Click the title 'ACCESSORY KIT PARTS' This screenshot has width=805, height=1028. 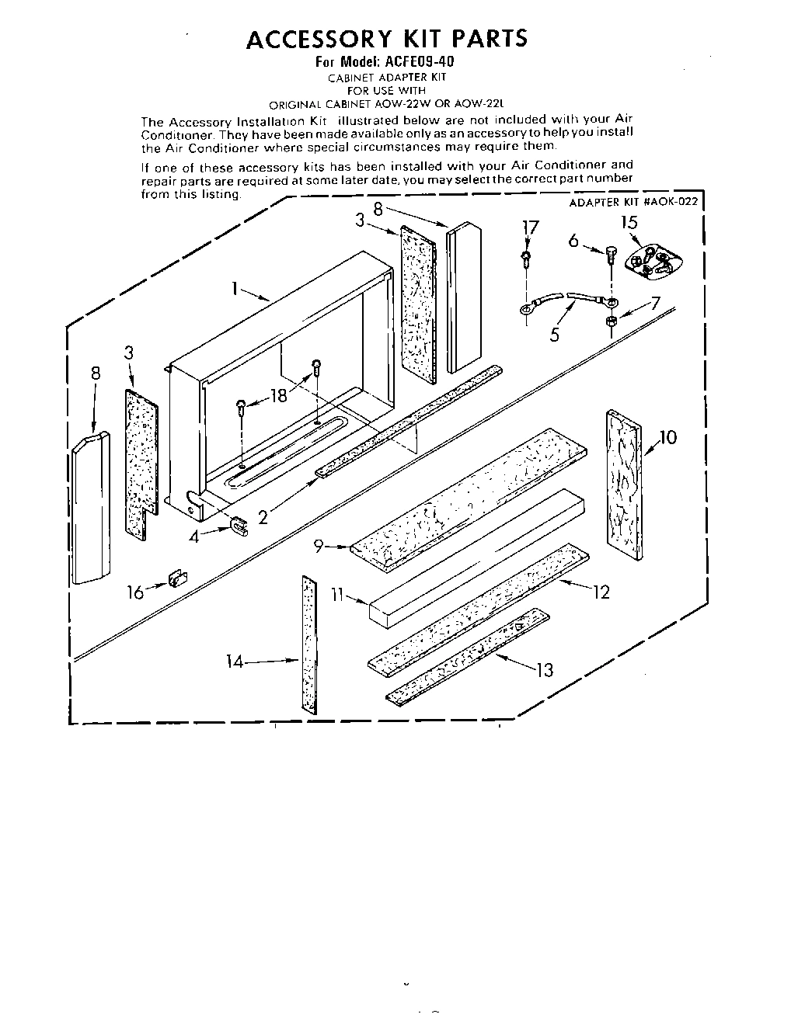[386, 39]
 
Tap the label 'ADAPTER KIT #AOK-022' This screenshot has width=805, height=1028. [634, 202]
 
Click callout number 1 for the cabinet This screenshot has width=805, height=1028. [233, 289]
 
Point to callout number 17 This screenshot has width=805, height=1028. [530, 227]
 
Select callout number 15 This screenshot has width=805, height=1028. [629, 223]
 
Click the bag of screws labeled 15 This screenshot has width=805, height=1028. [651, 260]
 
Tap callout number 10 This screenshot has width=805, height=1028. [667, 437]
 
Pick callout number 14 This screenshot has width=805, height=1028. [235, 662]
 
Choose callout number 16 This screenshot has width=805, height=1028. [136, 592]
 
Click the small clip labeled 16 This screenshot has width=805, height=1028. [176, 579]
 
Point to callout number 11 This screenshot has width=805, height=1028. [336, 596]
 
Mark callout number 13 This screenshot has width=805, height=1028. [545, 669]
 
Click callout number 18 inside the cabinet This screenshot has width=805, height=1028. [277, 396]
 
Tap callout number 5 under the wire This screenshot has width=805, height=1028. [554, 335]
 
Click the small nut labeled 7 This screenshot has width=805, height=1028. [612, 321]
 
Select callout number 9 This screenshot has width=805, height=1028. [319, 546]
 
